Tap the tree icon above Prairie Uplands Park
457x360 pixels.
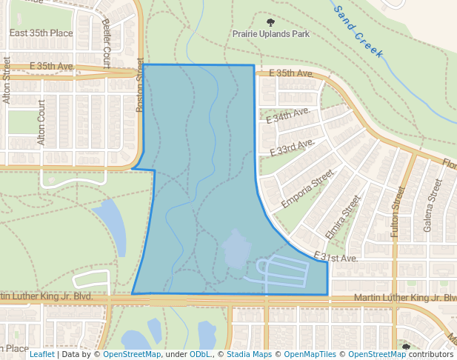281,23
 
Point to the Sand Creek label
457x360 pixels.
358,32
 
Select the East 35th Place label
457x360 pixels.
41,33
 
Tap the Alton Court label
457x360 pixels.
41,124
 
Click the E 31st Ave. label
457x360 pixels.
336,257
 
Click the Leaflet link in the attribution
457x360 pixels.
42,354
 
